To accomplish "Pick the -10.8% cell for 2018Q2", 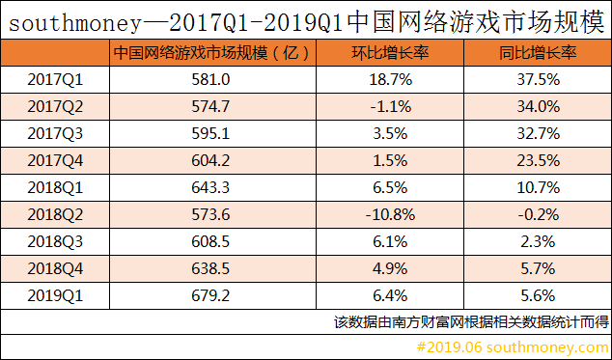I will (392, 213).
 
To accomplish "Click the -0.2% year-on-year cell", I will (537, 213).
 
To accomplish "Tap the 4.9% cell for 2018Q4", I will (392, 267).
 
